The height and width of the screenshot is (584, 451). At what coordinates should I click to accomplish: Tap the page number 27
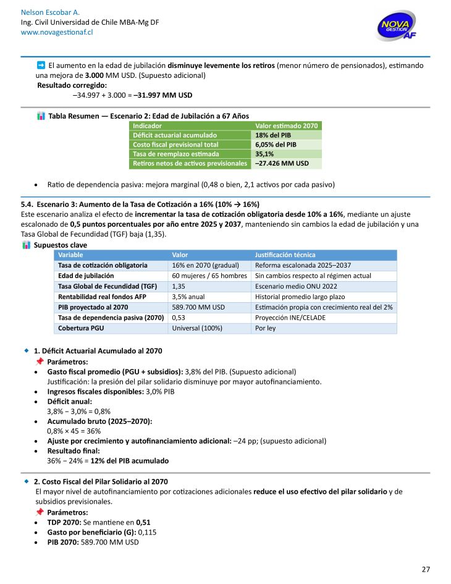tap(426, 569)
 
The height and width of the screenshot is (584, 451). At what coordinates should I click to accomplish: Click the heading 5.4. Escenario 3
tap(140, 205)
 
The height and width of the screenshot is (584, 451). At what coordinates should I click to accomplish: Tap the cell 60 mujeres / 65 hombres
tap(209, 276)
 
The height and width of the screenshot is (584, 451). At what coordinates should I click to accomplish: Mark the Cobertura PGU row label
tap(83, 328)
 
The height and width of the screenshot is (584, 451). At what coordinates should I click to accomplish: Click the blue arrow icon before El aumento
tap(41, 64)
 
